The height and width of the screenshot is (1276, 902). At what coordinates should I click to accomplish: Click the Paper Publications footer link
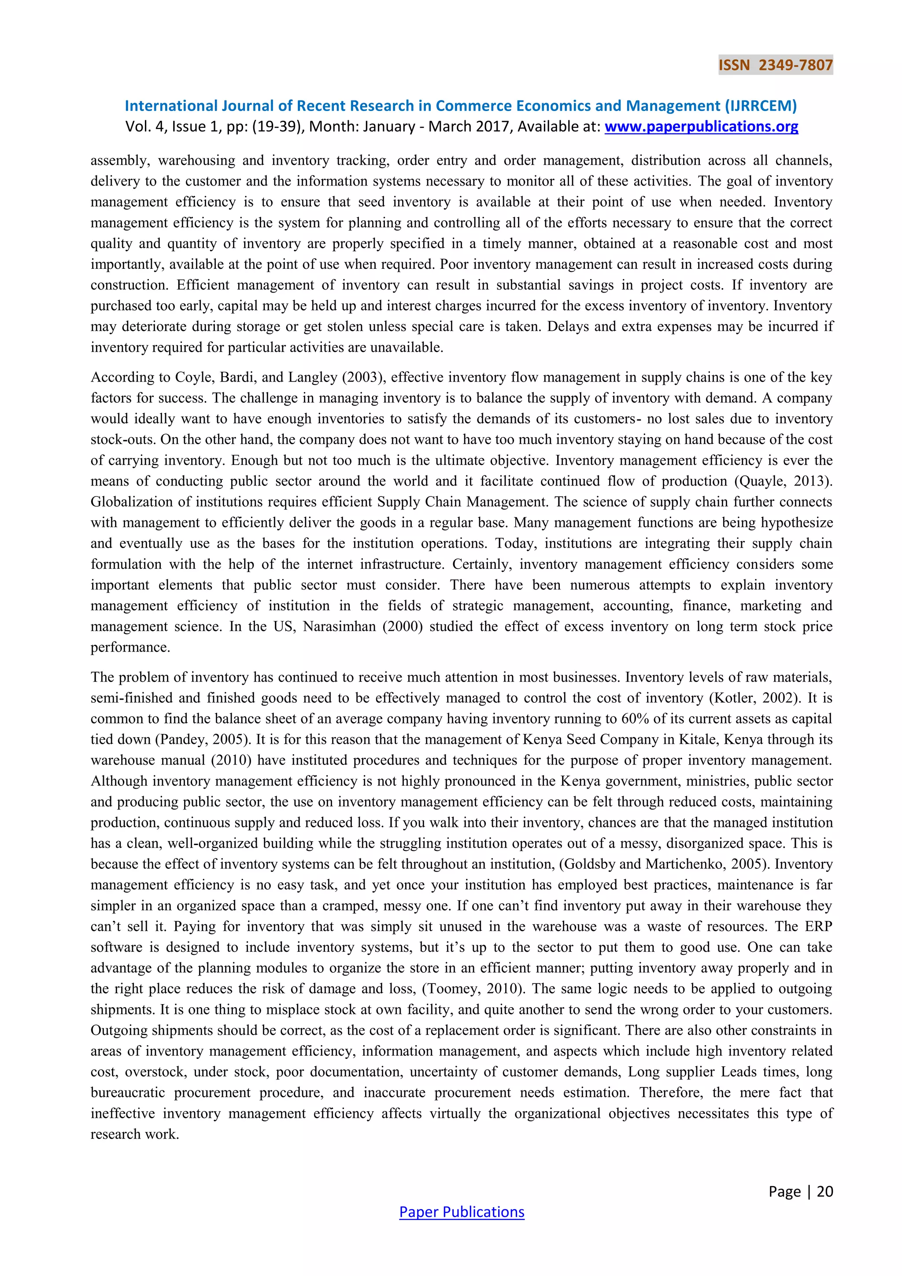(462, 1212)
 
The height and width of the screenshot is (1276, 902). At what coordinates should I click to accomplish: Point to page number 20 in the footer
(825, 1191)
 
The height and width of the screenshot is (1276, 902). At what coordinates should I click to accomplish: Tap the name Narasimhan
(339, 627)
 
